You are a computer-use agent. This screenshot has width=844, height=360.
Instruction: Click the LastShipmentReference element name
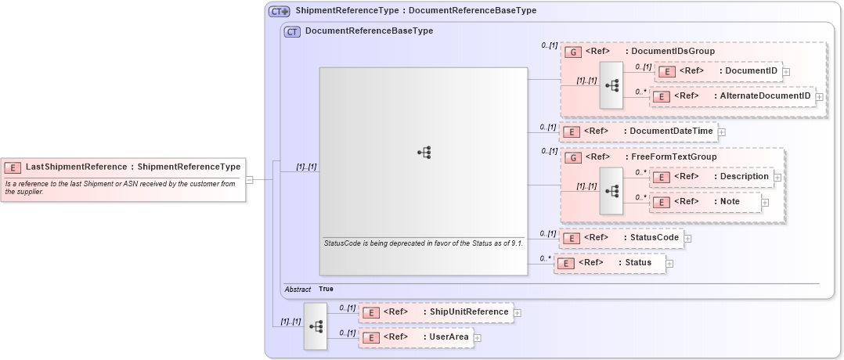(x=75, y=167)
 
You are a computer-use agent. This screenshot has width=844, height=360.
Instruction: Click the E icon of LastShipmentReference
(x=13, y=167)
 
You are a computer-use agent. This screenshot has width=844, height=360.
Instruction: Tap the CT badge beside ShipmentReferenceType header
(x=280, y=12)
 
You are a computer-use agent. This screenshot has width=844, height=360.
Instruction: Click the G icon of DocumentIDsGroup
(x=572, y=52)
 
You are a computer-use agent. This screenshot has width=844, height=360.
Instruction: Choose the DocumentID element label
(x=751, y=71)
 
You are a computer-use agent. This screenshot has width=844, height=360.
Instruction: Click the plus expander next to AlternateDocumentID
(x=820, y=96)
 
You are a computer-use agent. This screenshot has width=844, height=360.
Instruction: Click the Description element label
(x=744, y=177)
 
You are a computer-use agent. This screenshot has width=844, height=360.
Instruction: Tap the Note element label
(x=730, y=202)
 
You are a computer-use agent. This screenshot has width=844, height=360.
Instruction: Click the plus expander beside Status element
(x=669, y=263)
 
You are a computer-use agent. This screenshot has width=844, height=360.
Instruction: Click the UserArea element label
(x=449, y=337)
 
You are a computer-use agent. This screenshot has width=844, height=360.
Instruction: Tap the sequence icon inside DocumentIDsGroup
(x=611, y=85)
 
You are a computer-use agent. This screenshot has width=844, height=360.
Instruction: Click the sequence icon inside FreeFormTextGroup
(x=611, y=190)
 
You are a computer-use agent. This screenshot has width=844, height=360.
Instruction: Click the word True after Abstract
(x=326, y=289)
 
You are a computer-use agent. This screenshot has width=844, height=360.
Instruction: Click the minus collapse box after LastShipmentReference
(x=249, y=179)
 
